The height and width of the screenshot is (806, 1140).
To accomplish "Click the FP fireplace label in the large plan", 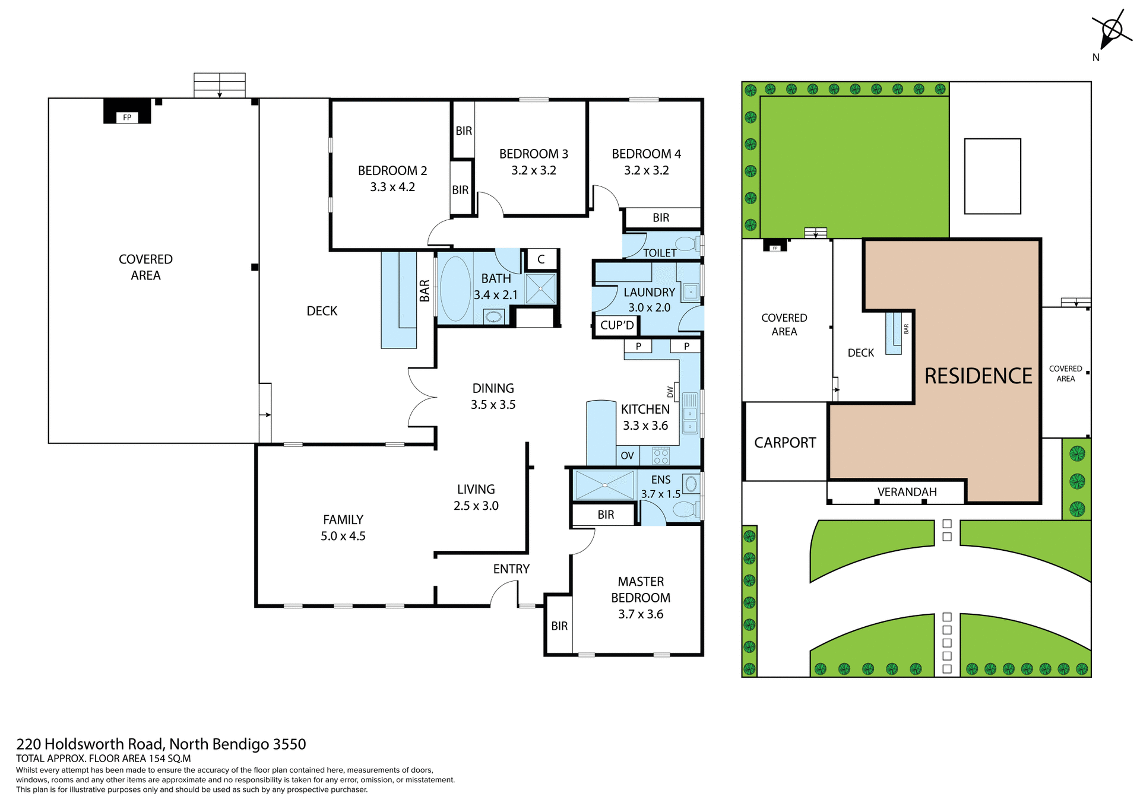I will pos(127,118).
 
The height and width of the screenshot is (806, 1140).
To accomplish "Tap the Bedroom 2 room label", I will pos(392,178).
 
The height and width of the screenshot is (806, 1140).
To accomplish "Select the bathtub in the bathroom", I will pos(455,288).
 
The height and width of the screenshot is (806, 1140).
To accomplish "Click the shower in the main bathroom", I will pos(540,289).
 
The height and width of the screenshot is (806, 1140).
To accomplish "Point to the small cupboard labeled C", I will pos(541,259).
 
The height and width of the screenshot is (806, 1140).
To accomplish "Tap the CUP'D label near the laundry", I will pos(617,325).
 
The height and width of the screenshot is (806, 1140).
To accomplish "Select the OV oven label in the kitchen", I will pos(627,456).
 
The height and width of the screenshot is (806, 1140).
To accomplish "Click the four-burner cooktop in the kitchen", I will pos(661,456).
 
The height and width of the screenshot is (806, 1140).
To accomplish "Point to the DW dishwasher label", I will pos(670,392).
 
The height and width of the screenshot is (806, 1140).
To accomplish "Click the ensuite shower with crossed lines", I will pos(604,485).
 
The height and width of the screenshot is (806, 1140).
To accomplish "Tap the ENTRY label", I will pos(511,569).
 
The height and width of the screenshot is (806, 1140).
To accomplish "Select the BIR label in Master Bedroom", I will pos(559,626).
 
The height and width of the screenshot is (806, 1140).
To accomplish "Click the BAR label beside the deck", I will pos(425,291).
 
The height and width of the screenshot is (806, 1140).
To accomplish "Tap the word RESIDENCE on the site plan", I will pos(978,376).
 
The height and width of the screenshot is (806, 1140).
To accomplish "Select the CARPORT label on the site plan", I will pos(785,443).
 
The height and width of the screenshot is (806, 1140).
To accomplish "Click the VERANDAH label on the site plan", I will pos(907,492).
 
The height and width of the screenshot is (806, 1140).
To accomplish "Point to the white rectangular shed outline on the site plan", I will pos(992,176).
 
